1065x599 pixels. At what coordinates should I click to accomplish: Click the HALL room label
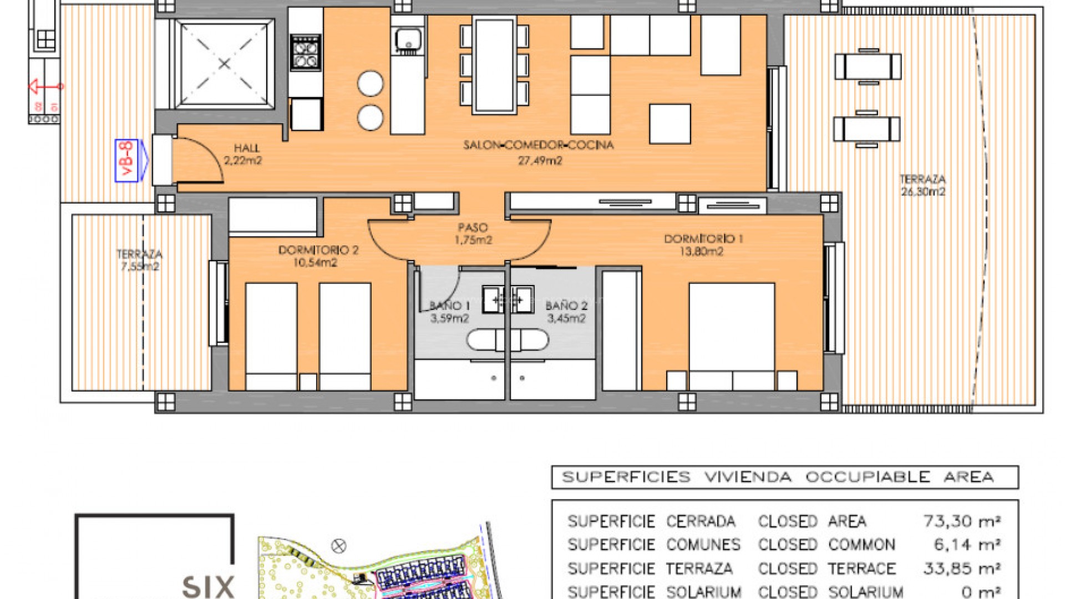tap(243, 154)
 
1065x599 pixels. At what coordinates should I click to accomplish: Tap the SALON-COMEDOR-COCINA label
tap(539, 152)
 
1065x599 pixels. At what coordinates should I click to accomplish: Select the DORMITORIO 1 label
tap(703, 245)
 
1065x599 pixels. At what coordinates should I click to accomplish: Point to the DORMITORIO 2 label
tap(318, 256)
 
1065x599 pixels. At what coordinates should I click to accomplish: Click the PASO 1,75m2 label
tap(473, 233)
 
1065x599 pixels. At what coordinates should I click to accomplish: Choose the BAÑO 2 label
tap(566, 312)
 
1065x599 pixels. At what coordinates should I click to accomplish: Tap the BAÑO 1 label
tap(449, 312)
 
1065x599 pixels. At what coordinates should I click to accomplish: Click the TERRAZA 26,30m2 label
tap(922, 185)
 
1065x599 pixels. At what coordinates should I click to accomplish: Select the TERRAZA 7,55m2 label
tap(139, 260)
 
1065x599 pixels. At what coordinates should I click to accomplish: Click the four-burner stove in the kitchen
tap(306, 53)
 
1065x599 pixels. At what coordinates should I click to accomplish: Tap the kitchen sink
tap(408, 40)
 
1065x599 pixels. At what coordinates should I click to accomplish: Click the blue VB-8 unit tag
tap(127, 160)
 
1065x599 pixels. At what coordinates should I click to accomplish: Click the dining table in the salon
tap(494, 65)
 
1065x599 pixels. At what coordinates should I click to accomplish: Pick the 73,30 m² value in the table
tap(961, 521)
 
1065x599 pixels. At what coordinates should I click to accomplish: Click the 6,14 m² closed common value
tap(967, 545)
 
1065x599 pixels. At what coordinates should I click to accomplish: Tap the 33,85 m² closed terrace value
tap(961, 568)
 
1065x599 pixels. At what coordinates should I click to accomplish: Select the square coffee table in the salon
tap(670, 124)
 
